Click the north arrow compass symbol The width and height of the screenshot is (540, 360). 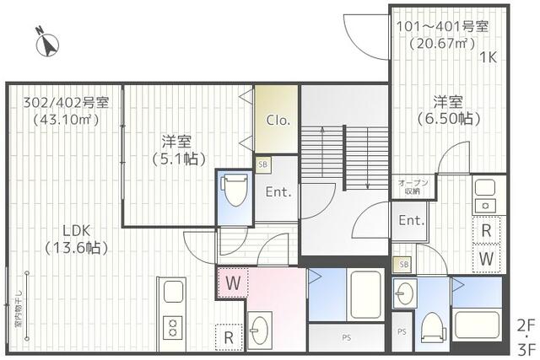(46, 41)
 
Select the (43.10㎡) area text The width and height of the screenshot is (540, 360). (65, 120)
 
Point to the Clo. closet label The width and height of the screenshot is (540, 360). (278, 120)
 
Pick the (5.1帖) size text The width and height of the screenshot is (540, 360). (179, 158)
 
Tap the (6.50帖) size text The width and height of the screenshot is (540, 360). (448, 119)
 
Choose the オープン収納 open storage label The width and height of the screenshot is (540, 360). (413, 187)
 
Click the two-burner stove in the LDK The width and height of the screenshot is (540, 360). (172, 325)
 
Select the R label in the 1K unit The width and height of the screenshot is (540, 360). (487, 229)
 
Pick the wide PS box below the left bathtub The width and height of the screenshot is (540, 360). (346, 337)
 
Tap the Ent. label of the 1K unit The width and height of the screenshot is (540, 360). (411, 222)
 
